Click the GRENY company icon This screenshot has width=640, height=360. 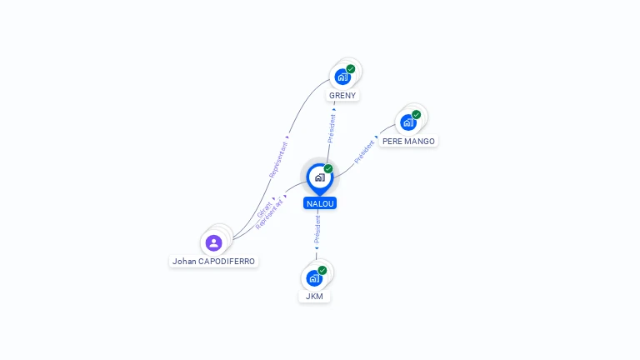pyautogui.click(x=342, y=77)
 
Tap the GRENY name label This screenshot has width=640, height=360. pyautogui.click(x=342, y=95)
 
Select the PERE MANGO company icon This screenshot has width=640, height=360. pyautogui.click(x=407, y=122)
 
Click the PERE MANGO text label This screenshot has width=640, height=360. pyautogui.click(x=408, y=142)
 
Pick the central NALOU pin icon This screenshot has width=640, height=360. pyautogui.click(x=319, y=177)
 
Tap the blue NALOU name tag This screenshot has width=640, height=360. pyautogui.click(x=320, y=203)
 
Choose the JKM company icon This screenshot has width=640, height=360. pyautogui.click(x=313, y=278)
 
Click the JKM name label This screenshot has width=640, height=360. pyautogui.click(x=314, y=296)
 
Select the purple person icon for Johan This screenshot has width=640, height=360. pyautogui.click(x=213, y=242)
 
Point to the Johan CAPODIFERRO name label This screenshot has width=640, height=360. pyautogui.click(x=213, y=261)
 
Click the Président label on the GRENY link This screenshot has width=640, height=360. pyautogui.click(x=332, y=127)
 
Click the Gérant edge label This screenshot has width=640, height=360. pyautogui.click(x=264, y=207)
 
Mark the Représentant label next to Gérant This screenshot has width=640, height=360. pyautogui.click(x=270, y=213)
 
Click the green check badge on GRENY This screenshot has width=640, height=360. pyautogui.click(x=351, y=68)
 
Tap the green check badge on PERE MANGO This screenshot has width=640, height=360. pyautogui.click(x=417, y=115)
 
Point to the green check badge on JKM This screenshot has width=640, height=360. pyautogui.click(x=322, y=270)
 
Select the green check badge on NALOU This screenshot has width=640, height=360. pyautogui.click(x=328, y=168)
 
